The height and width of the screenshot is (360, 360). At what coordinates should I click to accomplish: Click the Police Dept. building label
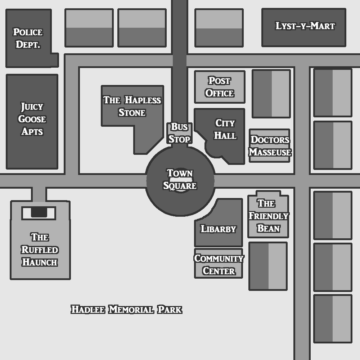[28, 38]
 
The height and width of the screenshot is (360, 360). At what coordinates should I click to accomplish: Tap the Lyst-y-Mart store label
[305, 26]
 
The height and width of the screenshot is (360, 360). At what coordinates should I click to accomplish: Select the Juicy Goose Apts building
[32, 119]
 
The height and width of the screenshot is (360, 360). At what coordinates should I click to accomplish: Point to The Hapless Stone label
[132, 106]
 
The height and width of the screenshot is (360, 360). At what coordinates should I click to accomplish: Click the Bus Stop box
[179, 133]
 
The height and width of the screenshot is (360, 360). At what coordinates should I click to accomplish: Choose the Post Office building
[220, 87]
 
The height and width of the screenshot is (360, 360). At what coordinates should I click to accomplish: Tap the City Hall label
[225, 129]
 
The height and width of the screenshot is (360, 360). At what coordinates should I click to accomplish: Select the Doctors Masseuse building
[270, 146]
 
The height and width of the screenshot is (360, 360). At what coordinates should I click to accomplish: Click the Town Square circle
[180, 180]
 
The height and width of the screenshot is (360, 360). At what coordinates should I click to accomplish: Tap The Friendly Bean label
[268, 216]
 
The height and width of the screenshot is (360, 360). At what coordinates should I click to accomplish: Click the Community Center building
[219, 264]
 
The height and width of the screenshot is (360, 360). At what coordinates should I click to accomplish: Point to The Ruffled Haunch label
[40, 249]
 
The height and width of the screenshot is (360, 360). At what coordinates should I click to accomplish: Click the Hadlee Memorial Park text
[126, 310]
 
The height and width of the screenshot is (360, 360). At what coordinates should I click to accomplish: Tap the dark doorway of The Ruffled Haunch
[39, 212]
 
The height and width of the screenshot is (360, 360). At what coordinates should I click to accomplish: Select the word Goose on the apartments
[32, 119]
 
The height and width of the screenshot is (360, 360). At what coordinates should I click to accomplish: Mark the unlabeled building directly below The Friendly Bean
[268, 266]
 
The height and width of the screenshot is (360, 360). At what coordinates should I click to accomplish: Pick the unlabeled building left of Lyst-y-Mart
[219, 28]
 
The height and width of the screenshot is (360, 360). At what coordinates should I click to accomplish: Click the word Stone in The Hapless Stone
[132, 113]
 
